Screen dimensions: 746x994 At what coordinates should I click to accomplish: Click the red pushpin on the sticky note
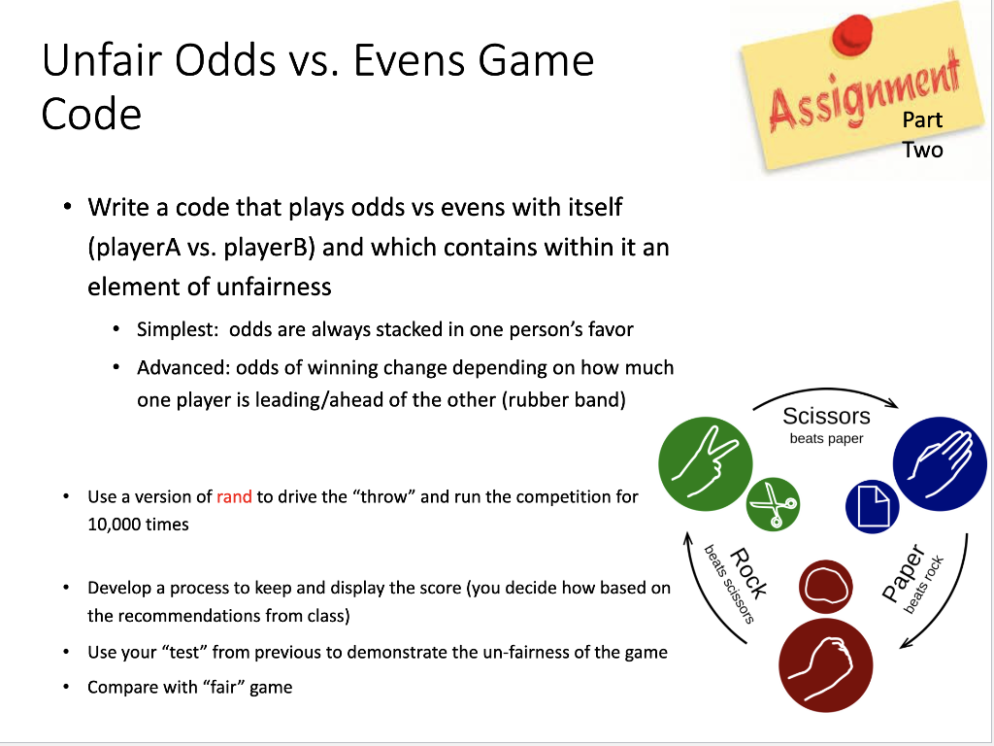(x=852, y=32)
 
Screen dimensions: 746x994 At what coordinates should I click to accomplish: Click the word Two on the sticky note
(x=922, y=150)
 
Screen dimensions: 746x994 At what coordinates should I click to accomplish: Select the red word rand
(x=234, y=496)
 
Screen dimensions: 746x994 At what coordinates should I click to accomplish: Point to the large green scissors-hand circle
(x=705, y=458)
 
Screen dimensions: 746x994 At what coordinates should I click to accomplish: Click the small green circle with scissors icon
(x=774, y=505)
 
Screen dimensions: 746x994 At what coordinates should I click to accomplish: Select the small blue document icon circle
(x=872, y=506)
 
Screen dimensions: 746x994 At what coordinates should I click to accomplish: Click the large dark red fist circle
(x=825, y=664)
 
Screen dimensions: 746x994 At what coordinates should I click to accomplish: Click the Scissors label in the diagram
(x=826, y=417)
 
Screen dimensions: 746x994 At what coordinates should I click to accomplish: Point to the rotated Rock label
(x=748, y=573)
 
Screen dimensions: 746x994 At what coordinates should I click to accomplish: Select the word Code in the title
(x=91, y=114)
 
